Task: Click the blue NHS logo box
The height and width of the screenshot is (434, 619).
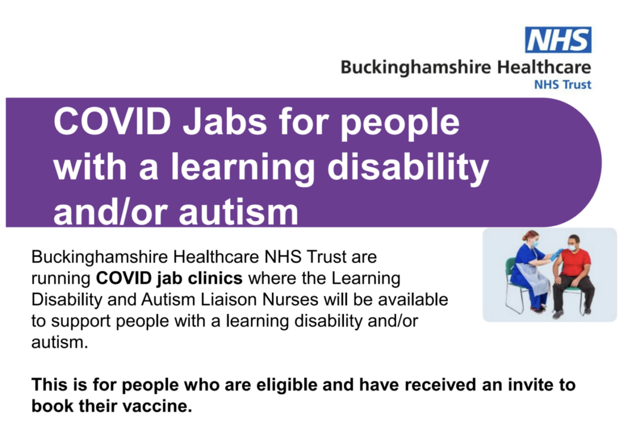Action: [558, 39]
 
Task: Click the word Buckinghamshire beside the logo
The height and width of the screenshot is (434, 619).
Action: [416, 68]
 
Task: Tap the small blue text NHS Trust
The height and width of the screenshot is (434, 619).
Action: [563, 85]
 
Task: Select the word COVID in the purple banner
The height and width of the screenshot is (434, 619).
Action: [112, 122]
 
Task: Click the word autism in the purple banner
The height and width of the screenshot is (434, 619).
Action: [238, 212]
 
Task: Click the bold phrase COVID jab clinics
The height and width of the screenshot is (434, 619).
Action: [169, 278]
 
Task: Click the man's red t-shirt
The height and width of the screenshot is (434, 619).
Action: [575, 262]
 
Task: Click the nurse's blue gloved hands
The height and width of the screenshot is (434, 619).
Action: [557, 253]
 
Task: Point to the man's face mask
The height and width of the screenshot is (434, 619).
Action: [572, 247]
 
